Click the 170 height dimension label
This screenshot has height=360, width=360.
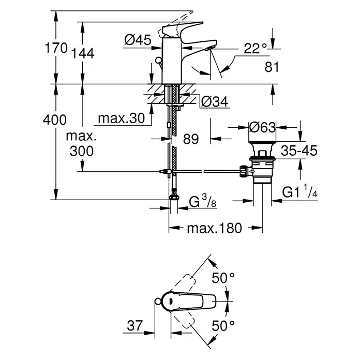click(x=56, y=48)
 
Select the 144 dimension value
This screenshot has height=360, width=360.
click(x=83, y=53)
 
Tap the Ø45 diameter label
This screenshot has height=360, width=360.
click(x=138, y=40)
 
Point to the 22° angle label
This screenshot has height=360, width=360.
click(x=255, y=49)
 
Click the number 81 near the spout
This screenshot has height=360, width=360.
click(x=272, y=67)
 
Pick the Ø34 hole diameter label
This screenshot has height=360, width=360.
click(x=215, y=102)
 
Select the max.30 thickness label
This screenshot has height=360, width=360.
click(x=121, y=118)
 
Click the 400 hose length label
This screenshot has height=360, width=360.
click(x=55, y=120)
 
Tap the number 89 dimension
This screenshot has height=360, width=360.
click(x=191, y=139)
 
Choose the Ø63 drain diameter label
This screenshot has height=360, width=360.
click(x=262, y=127)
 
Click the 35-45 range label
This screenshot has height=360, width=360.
click(x=299, y=151)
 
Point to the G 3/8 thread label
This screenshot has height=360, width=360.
click(x=203, y=201)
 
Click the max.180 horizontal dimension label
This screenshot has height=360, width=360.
click(x=215, y=228)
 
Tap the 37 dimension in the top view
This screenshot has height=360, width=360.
click(x=135, y=325)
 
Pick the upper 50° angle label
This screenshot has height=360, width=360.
click(x=223, y=278)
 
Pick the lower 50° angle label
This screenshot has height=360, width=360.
click(x=223, y=326)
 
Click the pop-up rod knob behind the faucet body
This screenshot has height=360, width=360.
click(x=158, y=61)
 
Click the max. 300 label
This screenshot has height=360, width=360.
click(x=82, y=144)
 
